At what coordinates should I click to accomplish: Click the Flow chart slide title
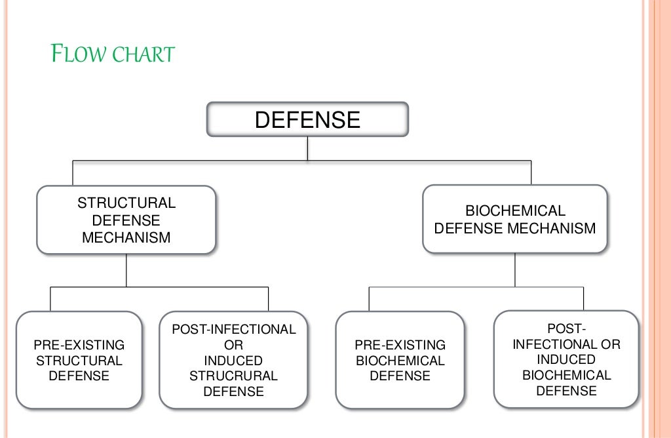[x=113, y=53]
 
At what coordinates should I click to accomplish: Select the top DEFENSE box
[x=307, y=119]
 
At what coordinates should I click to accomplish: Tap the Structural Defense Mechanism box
[x=126, y=220]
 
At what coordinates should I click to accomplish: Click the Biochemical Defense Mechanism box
[x=515, y=219]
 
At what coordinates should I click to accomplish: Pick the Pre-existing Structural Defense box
[x=79, y=360]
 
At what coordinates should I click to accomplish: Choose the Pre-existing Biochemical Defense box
[x=400, y=360]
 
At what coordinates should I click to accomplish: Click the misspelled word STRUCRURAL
[x=233, y=376]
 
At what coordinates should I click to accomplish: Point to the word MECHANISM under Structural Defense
[x=126, y=237]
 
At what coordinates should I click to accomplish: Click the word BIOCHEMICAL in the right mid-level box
[x=515, y=211]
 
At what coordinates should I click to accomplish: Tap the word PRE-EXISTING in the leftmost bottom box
[x=79, y=345]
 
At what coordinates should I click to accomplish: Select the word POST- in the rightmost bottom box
[x=566, y=328]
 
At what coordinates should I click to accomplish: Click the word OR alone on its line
[x=233, y=345]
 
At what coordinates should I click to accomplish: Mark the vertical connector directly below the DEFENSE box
[x=307, y=148]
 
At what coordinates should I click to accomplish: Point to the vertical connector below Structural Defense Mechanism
[x=126, y=270]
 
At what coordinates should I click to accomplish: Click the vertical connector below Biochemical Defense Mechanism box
[x=515, y=269]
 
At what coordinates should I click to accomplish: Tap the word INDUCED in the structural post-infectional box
[x=233, y=361]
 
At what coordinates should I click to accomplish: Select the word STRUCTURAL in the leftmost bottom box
[x=79, y=360]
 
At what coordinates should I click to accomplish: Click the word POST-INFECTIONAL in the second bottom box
[x=233, y=329]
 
